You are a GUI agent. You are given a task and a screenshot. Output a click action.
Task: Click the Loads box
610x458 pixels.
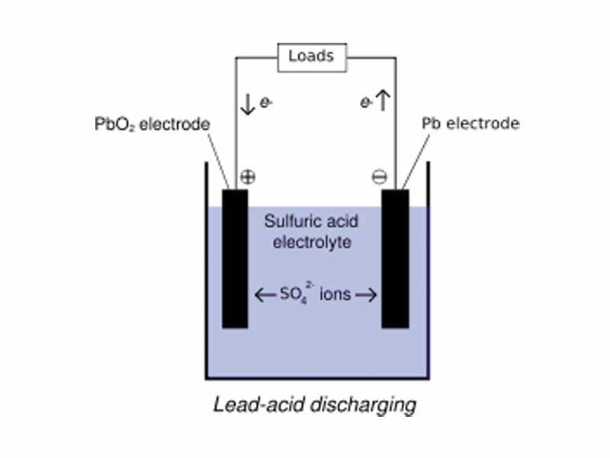[x=310, y=56]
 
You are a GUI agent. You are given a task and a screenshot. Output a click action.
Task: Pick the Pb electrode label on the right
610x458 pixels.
[x=470, y=124]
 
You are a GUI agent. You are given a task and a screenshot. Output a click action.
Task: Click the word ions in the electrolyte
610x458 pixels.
[x=336, y=294]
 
